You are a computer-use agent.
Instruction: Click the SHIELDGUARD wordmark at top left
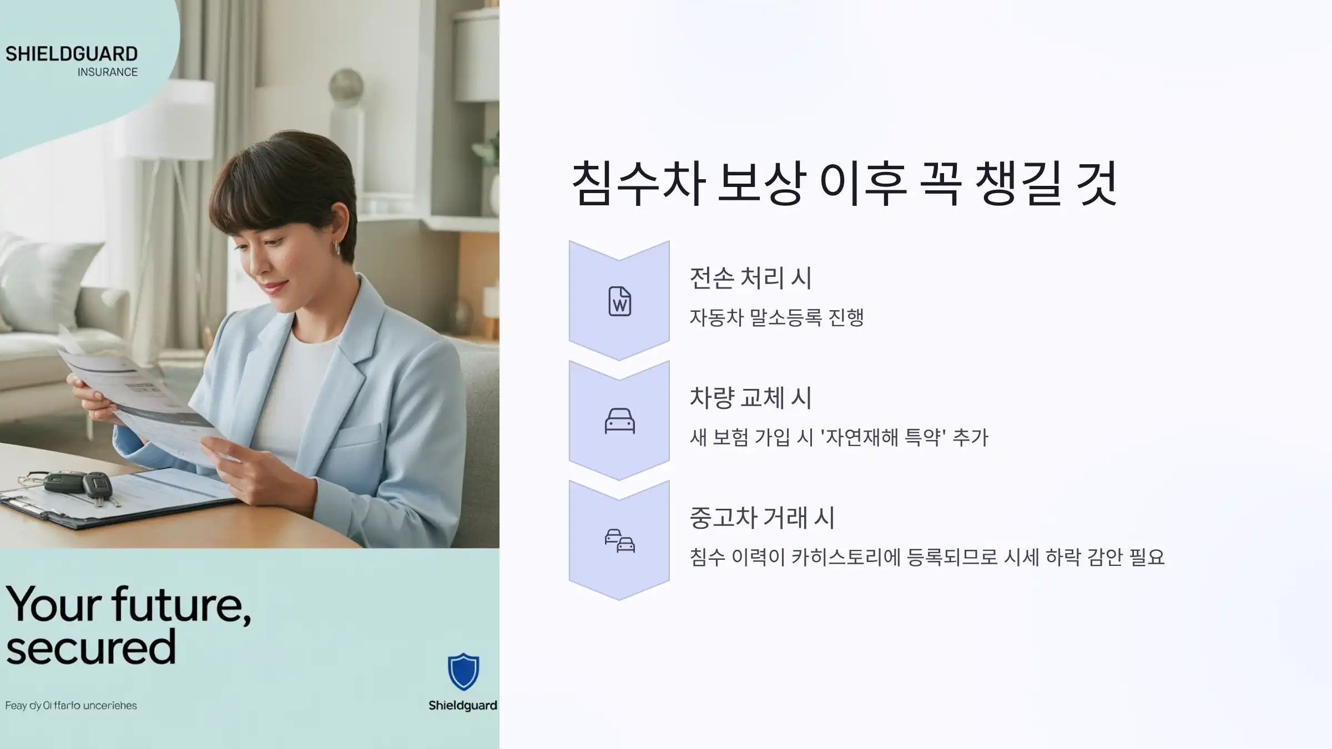point(72,54)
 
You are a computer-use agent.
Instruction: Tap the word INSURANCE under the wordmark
point(107,72)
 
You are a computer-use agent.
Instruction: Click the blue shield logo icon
point(463,672)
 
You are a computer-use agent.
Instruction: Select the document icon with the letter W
point(619,301)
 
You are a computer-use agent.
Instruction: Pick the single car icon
point(619,421)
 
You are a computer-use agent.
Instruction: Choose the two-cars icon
point(619,541)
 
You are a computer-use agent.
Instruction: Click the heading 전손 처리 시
point(750,278)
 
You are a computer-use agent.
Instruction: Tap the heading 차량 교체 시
point(750,398)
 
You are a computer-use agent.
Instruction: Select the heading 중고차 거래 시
point(761,518)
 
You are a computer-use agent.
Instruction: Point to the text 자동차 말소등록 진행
point(776,317)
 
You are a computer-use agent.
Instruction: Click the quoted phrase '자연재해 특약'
point(883,437)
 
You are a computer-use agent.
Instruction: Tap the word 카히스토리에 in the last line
point(845,557)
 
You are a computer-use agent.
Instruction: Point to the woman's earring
point(336,248)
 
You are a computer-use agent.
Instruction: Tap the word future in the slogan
point(181,604)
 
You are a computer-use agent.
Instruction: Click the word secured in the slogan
point(91,647)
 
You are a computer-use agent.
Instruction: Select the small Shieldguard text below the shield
point(462,705)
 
